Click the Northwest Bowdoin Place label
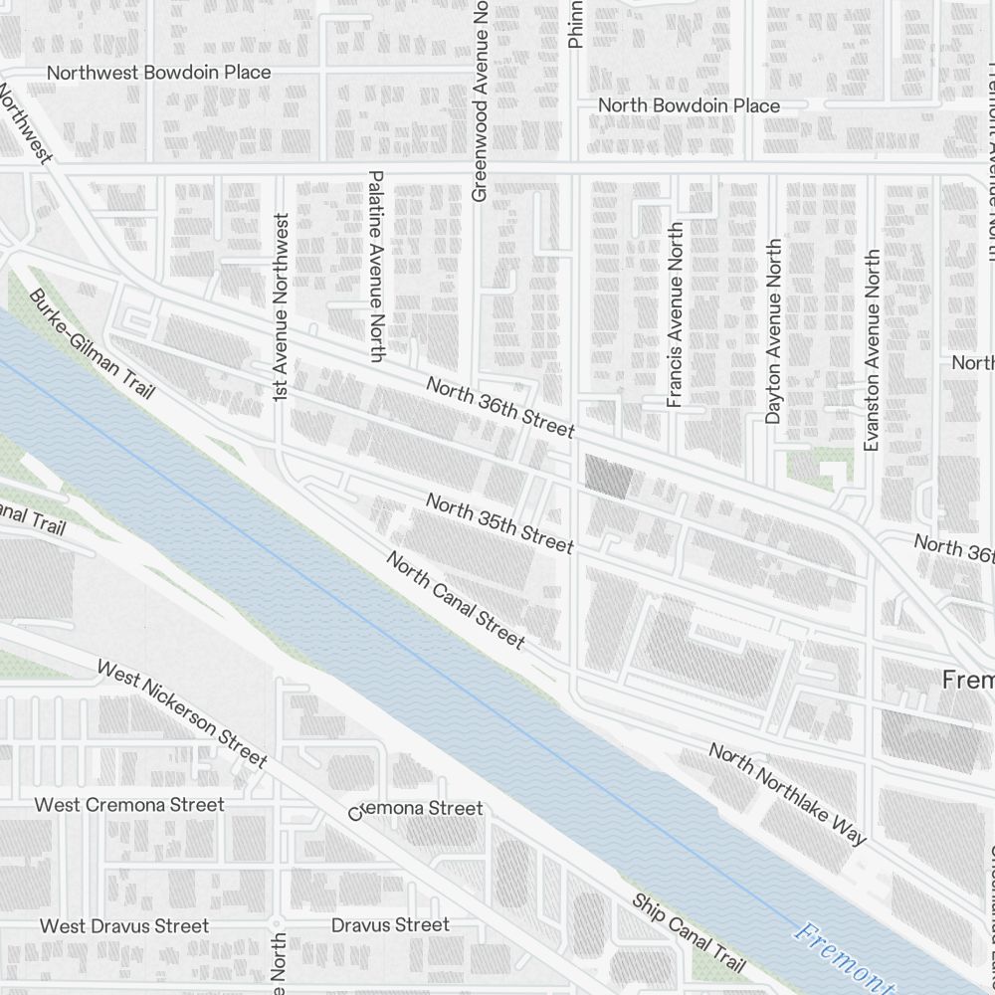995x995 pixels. point(158,73)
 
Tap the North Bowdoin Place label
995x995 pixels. point(689,105)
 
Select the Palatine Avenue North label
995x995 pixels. point(376,266)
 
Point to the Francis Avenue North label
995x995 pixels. point(676,314)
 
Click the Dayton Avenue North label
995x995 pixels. point(773,331)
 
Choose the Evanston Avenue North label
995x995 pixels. point(873,350)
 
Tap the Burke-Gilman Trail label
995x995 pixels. point(92,344)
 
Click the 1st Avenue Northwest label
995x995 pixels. point(281,307)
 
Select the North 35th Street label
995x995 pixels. point(499,523)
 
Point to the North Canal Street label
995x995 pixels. point(456,601)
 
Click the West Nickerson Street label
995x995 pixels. point(182,713)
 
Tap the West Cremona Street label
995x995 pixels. point(129,804)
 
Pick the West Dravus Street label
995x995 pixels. point(124,926)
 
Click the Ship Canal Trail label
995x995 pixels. point(689,933)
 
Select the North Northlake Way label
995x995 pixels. point(787,793)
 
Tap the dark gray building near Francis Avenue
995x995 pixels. point(607,477)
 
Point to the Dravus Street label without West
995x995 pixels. point(390,925)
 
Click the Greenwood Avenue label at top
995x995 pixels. point(480,99)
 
